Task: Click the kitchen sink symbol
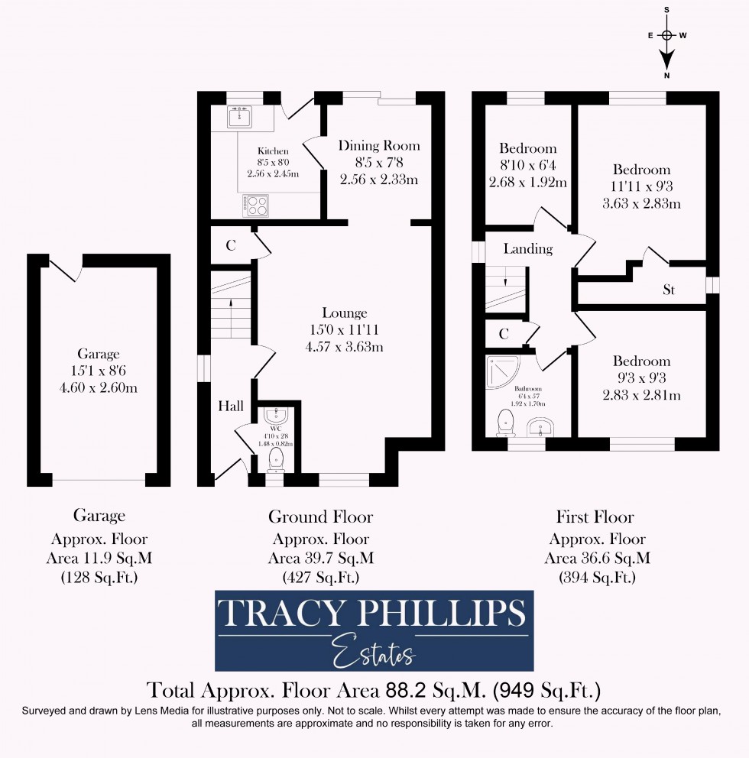[239, 117]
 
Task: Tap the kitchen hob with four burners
[255, 204]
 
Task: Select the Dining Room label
[379, 145]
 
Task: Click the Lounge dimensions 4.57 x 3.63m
[344, 346]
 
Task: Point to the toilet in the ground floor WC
[276, 459]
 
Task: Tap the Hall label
[231, 406]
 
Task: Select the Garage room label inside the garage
[98, 353]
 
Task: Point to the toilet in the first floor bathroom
[505, 421]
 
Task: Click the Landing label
[527, 249]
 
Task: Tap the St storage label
[669, 290]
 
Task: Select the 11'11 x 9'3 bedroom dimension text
[641, 187]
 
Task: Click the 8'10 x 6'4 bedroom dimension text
[527, 166]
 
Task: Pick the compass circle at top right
[667, 35]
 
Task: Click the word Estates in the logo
[374, 651]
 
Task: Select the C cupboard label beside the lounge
[229, 245]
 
